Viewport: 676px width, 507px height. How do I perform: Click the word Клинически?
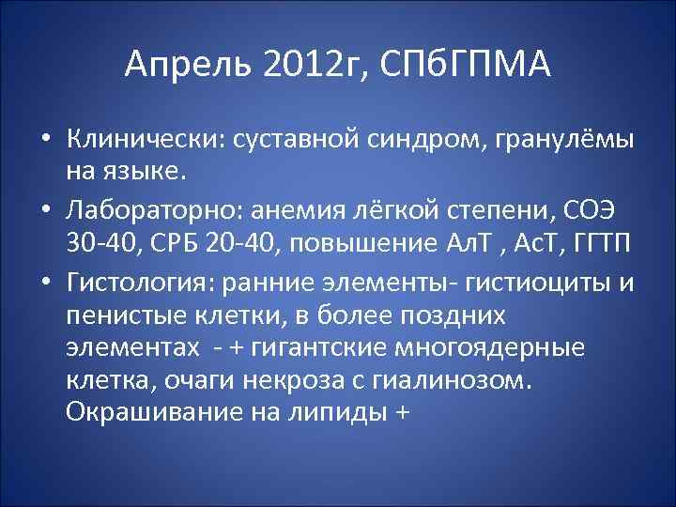click(x=138, y=139)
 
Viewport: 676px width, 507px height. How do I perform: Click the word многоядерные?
click(x=496, y=347)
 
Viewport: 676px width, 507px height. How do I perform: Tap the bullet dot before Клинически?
click(x=45, y=140)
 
